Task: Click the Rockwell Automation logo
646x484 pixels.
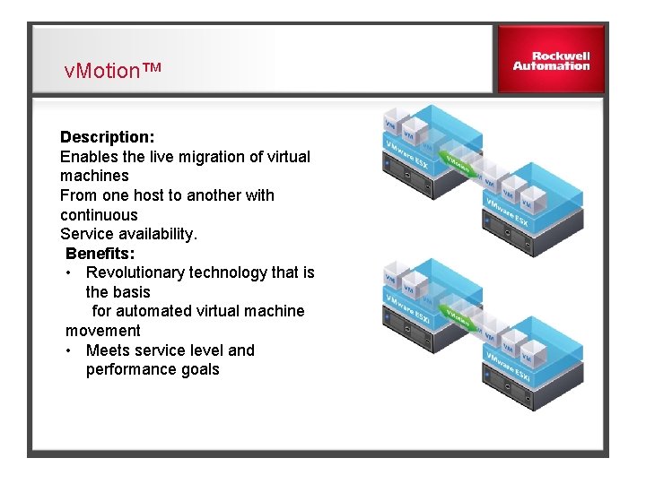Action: tap(551, 60)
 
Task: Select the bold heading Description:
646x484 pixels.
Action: tap(107, 137)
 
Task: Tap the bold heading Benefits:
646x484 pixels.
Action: tap(100, 253)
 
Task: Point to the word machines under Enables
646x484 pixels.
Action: tap(94, 177)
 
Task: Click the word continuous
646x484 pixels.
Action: tap(99, 215)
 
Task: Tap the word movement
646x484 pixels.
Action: tap(102, 331)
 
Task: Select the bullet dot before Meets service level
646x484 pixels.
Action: tap(69, 350)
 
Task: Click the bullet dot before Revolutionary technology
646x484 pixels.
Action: tap(69, 272)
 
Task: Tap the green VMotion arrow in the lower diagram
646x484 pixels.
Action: tap(460, 319)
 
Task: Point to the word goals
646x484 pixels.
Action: tap(197, 369)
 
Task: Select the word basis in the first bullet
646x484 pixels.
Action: tap(131, 292)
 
